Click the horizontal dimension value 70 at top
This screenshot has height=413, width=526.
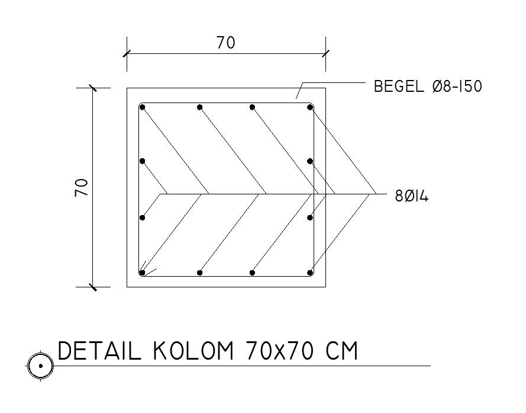[225, 43]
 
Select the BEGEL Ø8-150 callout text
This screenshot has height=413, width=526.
[428, 87]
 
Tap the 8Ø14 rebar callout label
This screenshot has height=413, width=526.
[411, 196]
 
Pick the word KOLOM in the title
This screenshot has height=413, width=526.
[191, 352]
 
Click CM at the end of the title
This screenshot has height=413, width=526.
[343, 352]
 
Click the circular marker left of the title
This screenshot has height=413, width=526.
[40, 366]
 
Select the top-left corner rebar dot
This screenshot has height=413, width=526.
[143, 107]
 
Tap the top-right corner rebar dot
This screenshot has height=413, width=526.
[310, 107]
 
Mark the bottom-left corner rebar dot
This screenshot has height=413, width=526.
[143, 273]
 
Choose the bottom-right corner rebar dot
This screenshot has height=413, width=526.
[310, 273]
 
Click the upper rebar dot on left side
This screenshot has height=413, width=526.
[143, 161]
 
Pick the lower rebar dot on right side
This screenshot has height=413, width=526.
[310, 218]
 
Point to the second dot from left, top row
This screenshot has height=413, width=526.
[200, 107]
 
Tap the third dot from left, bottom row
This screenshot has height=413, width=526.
[253, 273]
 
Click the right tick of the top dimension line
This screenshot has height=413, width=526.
[325, 54]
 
